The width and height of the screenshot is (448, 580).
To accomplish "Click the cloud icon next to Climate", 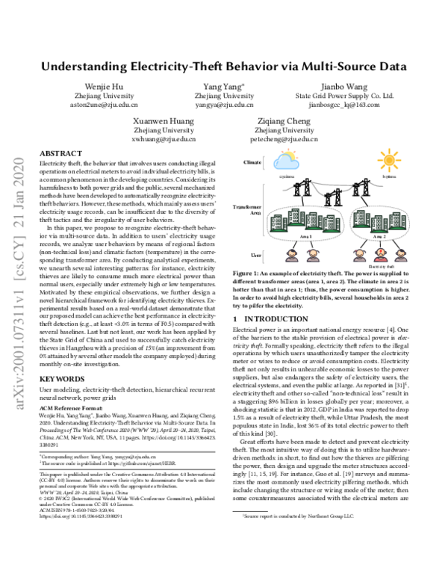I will coord(285,161).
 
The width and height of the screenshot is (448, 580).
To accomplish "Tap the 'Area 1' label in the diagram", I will coord(306,235).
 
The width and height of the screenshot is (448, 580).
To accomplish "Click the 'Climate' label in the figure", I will coord(252,161).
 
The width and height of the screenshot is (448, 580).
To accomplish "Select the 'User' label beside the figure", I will coord(255,255).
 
